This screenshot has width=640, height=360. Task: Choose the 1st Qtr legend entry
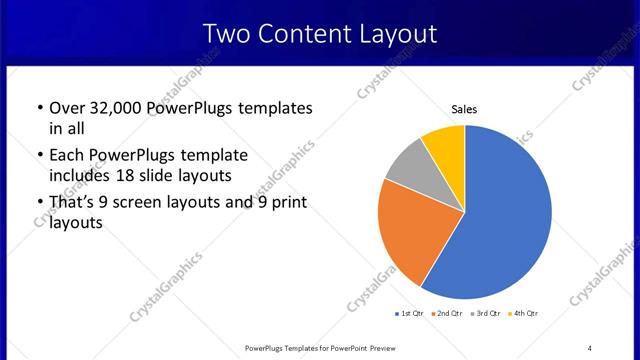411,314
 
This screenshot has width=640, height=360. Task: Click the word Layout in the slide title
393,34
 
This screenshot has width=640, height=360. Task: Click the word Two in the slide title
225,34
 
